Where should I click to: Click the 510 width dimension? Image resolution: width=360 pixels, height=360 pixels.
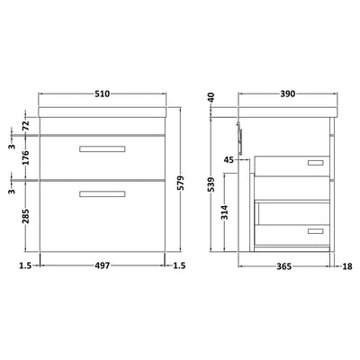point(103,94)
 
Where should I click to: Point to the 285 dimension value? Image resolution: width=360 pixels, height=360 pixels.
point(25,219)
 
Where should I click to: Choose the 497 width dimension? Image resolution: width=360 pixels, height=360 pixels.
point(103,266)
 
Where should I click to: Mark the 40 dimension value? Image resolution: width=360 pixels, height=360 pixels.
point(213,97)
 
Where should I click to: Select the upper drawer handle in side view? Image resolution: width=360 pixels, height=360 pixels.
point(315,163)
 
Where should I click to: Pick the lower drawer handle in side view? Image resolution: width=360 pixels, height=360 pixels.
point(315,231)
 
